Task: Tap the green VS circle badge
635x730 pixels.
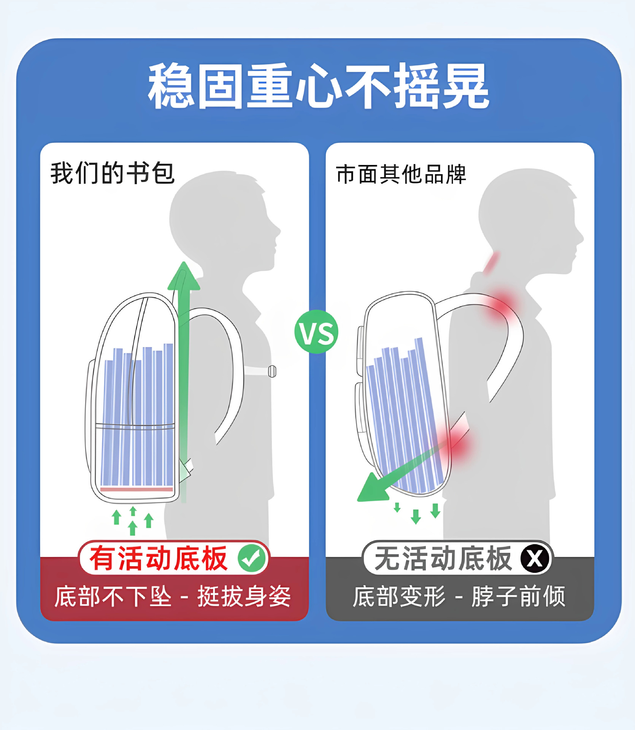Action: coord(316,332)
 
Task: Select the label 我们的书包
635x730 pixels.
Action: coord(113,173)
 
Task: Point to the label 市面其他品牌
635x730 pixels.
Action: coord(401,175)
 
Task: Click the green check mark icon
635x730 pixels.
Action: coord(252,559)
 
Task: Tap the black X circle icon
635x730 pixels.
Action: coord(535,559)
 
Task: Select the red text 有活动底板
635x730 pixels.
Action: coord(159,559)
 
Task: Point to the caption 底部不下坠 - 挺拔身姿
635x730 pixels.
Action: coord(173,596)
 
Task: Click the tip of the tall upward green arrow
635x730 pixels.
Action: coord(184,262)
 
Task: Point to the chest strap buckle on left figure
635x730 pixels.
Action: coord(272,371)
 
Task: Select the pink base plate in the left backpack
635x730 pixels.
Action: coord(137,489)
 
